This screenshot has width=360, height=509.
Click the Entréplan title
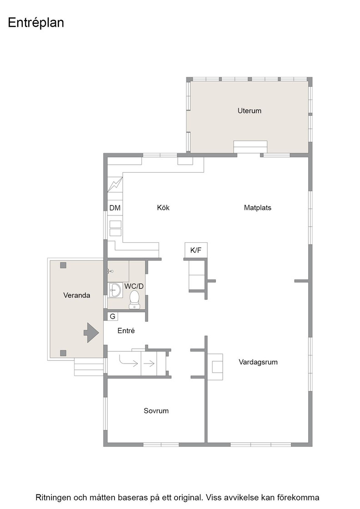pos(36,23)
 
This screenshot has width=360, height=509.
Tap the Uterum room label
pos(249,111)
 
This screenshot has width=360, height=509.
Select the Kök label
pos(163,208)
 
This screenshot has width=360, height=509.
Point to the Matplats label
pos(257,208)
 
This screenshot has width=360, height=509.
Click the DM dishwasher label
pos(115,208)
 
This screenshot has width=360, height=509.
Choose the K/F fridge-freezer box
pos(196,250)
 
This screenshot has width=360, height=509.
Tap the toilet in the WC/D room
pos(135,299)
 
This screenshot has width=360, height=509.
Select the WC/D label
pos(134,286)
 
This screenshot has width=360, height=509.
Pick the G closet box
pos(113,316)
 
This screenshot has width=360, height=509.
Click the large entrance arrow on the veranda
pos(91,333)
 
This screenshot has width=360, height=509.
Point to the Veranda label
pos(77,295)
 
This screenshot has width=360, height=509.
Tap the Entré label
pos(126,331)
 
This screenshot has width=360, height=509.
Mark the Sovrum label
pos(156,411)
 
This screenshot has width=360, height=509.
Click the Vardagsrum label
pos(258,362)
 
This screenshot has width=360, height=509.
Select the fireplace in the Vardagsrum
pos(215,367)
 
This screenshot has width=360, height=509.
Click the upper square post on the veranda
pos(63,265)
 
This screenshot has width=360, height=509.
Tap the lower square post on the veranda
pos(63,353)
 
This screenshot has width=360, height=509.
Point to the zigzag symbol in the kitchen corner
pos(115,185)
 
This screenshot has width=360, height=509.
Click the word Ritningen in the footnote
pos(53,498)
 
